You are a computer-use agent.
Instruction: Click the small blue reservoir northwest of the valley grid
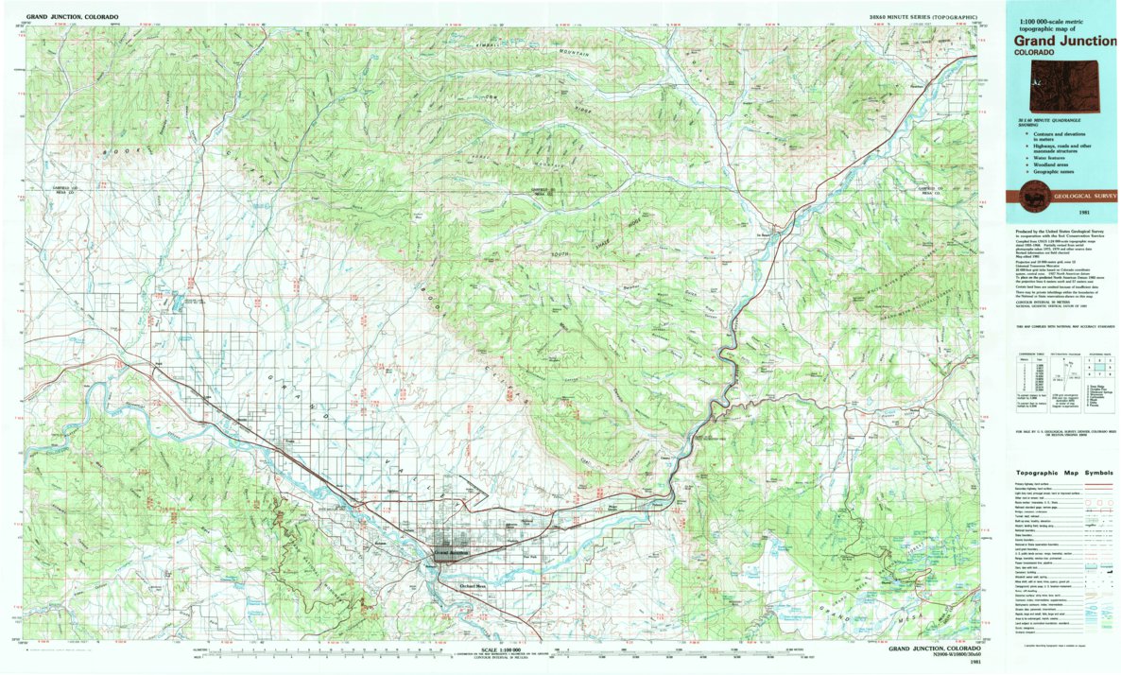(x=174, y=305)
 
